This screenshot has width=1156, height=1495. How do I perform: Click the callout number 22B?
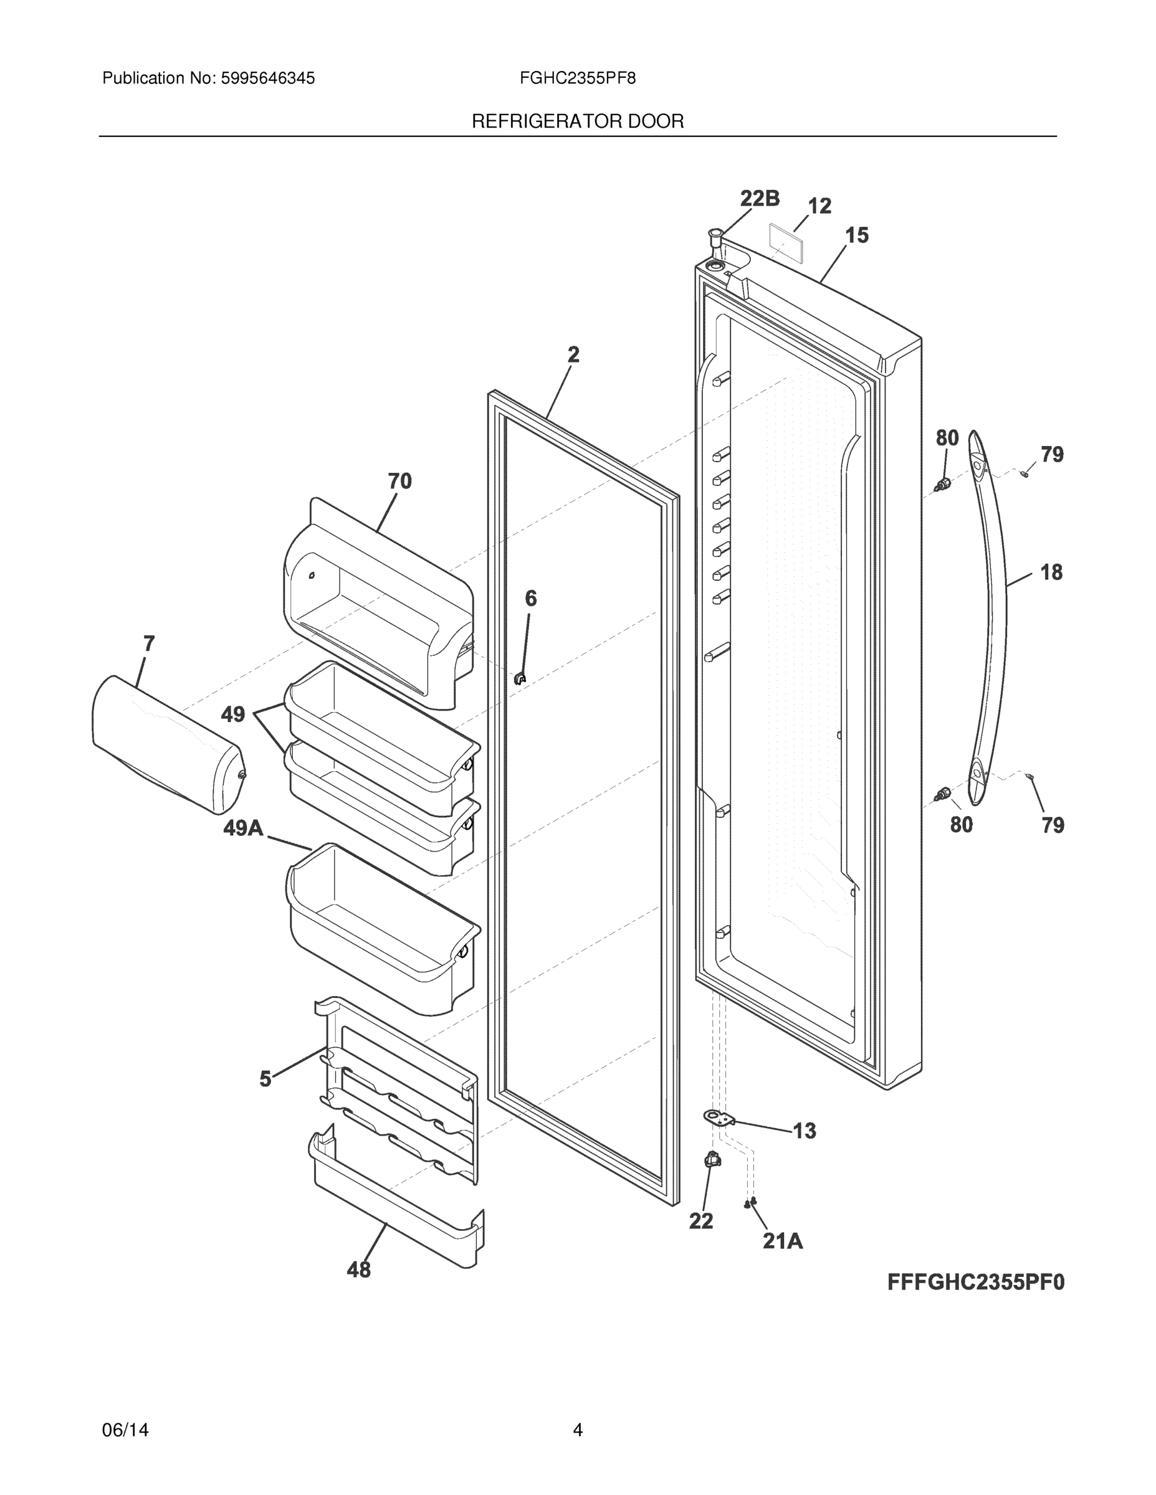click(760, 199)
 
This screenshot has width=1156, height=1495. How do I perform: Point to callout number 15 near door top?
click(856, 235)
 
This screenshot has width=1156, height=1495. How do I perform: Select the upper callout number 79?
click(1052, 454)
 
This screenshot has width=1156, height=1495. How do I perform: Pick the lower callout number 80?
click(961, 825)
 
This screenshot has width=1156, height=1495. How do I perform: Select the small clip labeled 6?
click(520, 678)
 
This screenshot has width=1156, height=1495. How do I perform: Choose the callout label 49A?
click(243, 828)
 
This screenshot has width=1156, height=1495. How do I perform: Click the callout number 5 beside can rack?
click(265, 1080)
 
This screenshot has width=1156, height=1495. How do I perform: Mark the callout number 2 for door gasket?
click(573, 354)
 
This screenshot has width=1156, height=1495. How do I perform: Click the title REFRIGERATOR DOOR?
click(577, 122)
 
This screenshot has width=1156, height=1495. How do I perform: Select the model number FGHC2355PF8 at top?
click(577, 78)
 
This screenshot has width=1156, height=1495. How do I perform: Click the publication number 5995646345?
click(267, 78)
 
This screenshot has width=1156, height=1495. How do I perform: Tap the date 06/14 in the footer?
click(125, 1430)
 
